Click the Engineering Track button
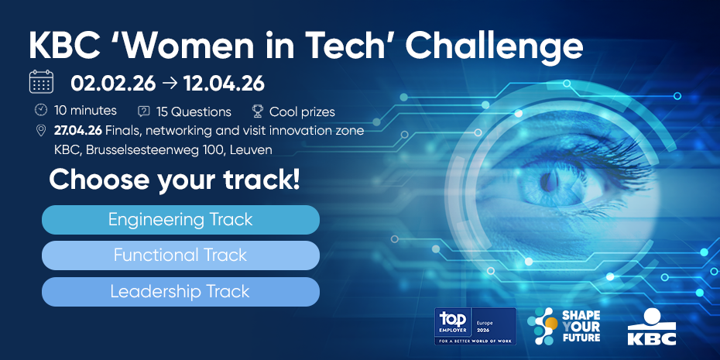[180, 220]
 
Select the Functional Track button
[180, 255]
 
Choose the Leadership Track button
[180, 292]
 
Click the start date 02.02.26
[113, 82]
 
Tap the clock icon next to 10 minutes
[41, 110]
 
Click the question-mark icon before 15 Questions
[143, 111]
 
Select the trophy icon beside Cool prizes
[258, 111]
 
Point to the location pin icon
[41, 130]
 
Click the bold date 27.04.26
[77, 130]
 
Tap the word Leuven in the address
[252, 149]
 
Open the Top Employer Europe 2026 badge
[475, 326]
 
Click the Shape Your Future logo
[563, 326]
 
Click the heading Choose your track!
[174, 180]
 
